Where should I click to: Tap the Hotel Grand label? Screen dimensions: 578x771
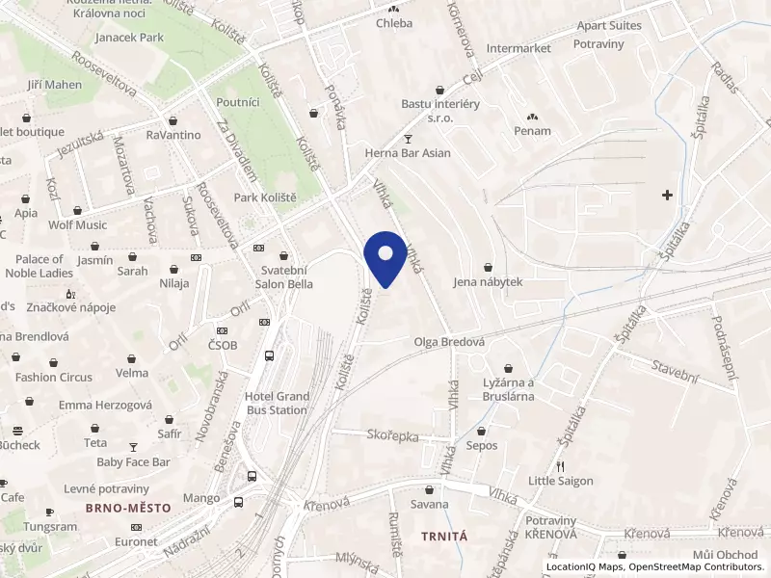(278, 397)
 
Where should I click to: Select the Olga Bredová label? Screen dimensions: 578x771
(448, 342)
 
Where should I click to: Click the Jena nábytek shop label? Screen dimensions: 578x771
(488, 282)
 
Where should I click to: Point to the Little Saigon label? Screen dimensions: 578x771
(560, 481)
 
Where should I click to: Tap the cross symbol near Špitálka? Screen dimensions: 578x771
(667, 196)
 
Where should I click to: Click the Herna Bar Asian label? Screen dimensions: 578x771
(408, 152)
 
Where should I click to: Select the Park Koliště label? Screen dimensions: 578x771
(265, 197)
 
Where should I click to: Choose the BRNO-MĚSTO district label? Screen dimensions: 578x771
(127, 508)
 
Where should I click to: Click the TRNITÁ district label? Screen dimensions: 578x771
(444, 535)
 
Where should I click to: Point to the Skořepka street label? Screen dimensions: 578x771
(393, 435)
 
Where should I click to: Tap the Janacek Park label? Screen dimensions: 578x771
(129, 38)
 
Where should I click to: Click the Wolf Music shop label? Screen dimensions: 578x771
(78, 225)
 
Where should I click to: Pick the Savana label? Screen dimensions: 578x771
(430, 504)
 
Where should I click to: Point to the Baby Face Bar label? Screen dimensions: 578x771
(133, 462)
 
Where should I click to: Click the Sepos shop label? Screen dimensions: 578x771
(481, 446)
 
